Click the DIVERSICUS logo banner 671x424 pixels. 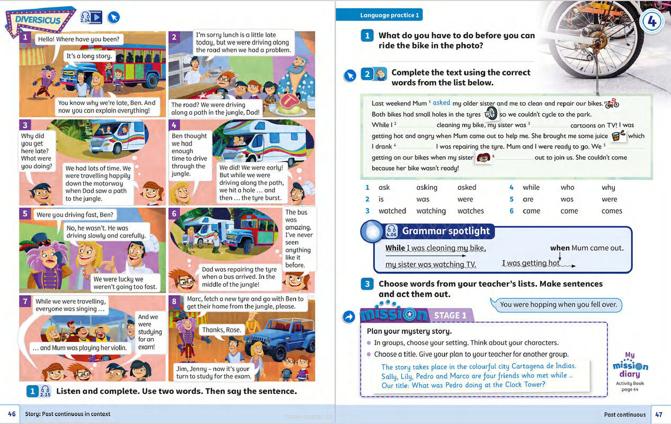(39, 21)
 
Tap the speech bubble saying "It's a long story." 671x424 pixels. (89, 56)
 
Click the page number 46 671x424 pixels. (12, 414)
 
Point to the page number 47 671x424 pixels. (659, 414)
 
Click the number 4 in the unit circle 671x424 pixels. (652, 23)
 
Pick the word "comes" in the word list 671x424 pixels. (612, 211)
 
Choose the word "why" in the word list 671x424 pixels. (608, 187)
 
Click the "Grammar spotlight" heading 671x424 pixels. (446, 231)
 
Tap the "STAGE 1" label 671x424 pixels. (451, 315)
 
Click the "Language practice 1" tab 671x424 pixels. (390, 15)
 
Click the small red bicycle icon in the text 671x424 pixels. (612, 103)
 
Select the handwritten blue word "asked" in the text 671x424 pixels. (441, 103)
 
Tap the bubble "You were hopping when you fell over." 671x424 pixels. (558, 304)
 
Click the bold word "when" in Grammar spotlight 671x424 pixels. (560, 248)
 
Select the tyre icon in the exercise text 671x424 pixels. (491, 113)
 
